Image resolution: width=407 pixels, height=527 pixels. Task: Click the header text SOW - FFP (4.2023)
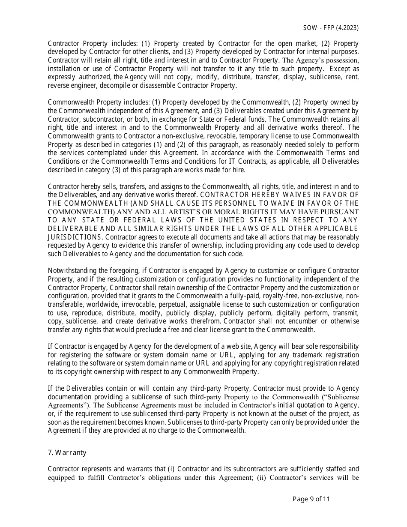(x=331, y=27)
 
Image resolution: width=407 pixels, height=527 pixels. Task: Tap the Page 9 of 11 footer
(x=311, y=499)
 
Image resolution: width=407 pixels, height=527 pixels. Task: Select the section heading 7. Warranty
(x=67, y=452)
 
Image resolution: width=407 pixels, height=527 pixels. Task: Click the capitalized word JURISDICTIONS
(x=75, y=237)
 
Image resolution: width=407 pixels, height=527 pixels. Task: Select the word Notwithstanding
(x=71, y=270)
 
